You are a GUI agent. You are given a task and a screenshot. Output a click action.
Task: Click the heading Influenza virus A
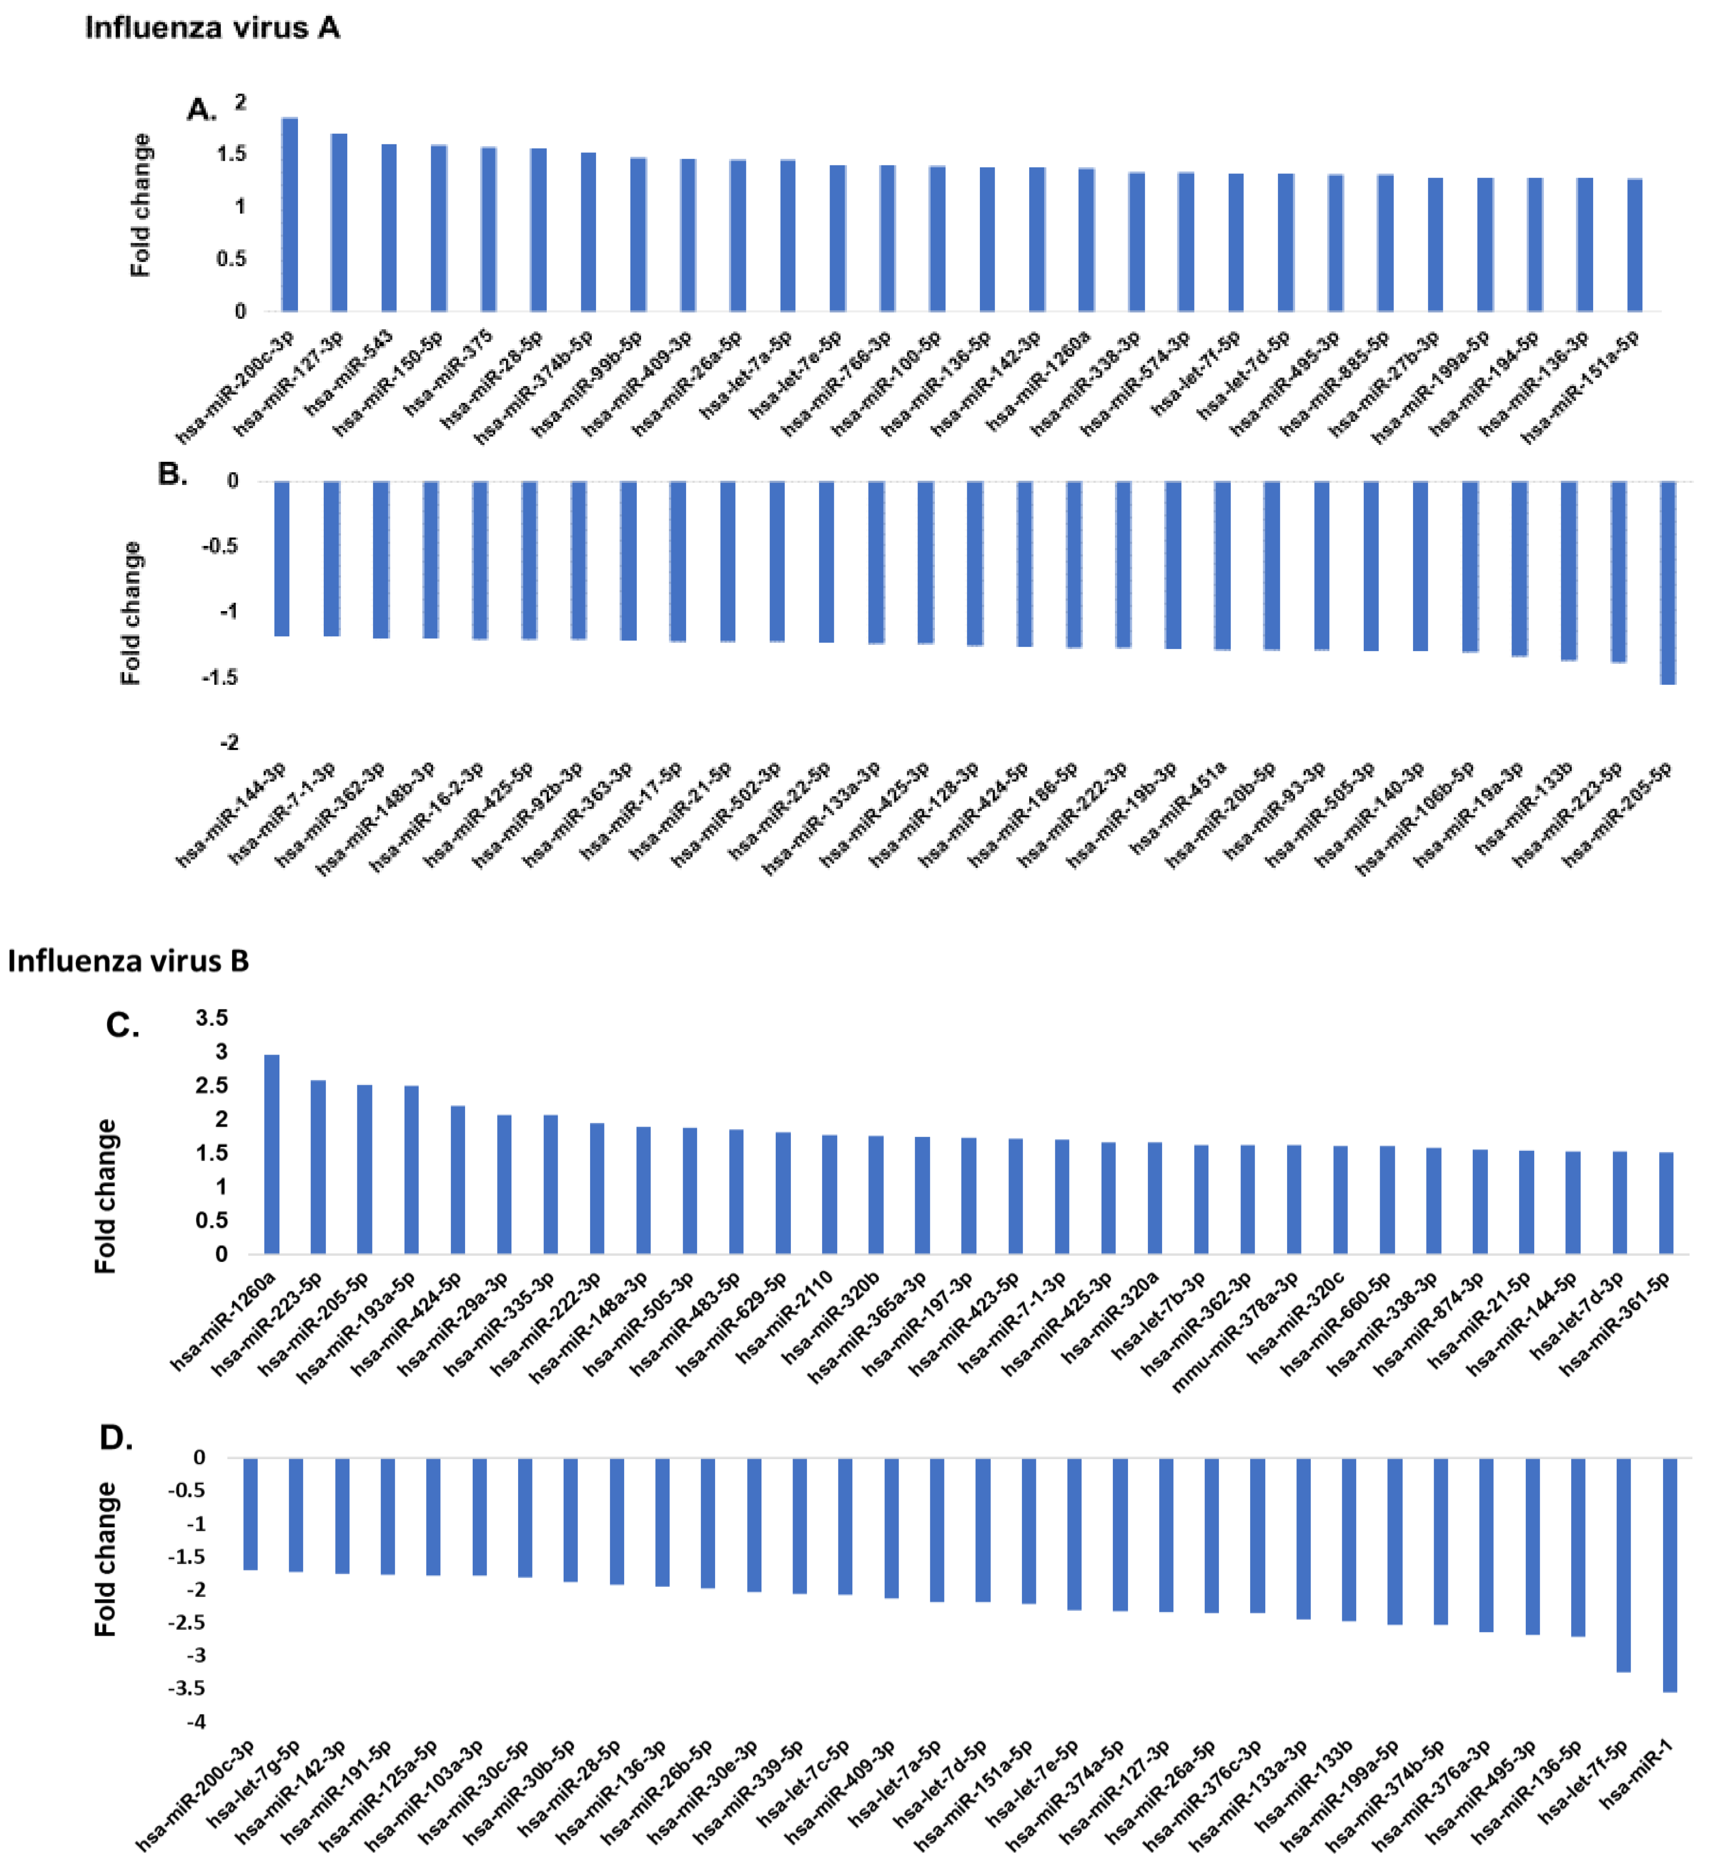pos(212,28)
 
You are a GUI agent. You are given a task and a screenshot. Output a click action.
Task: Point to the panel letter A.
pos(201,110)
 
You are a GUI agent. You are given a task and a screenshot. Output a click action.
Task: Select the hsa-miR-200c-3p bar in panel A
pos(290,215)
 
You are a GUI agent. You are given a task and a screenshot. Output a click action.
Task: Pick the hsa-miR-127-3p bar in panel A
pos(339,222)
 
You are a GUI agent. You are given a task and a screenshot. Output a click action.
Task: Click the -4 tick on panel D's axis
pos(196,1721)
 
